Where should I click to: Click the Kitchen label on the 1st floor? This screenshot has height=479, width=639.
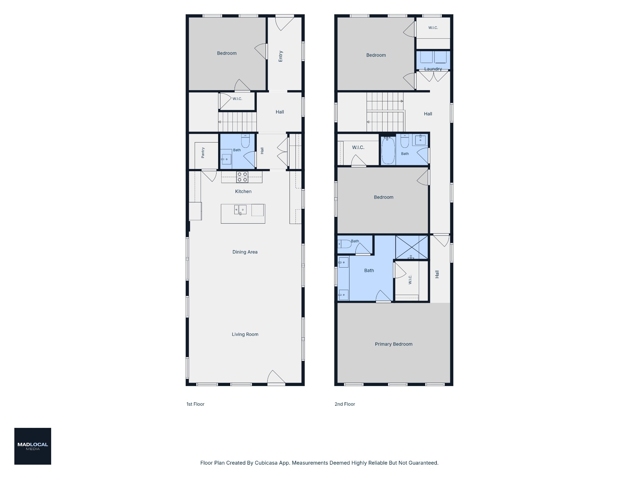(243, 191)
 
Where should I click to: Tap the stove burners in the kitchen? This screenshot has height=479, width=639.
(242, 177)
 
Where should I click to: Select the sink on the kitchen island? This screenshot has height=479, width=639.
(240, 210)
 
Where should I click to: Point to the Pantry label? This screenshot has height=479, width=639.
(203, 152)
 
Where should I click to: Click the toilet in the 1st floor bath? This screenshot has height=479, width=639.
(246, 141)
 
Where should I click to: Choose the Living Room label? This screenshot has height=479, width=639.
(245, 334)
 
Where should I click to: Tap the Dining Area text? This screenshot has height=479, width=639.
(245, 252)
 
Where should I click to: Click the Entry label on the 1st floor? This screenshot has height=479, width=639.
(280, 56)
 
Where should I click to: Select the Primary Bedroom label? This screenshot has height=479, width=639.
(393, 344)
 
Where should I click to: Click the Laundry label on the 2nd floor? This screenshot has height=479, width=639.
(433, 69)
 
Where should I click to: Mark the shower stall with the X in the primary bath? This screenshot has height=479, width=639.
(412, 247)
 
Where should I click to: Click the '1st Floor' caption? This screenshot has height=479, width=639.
(195, 404)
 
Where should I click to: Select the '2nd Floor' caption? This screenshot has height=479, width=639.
(345, 404)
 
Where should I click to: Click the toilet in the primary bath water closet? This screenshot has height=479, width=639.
(345, 244)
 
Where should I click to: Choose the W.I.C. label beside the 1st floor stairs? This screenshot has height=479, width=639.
(237, 99)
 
